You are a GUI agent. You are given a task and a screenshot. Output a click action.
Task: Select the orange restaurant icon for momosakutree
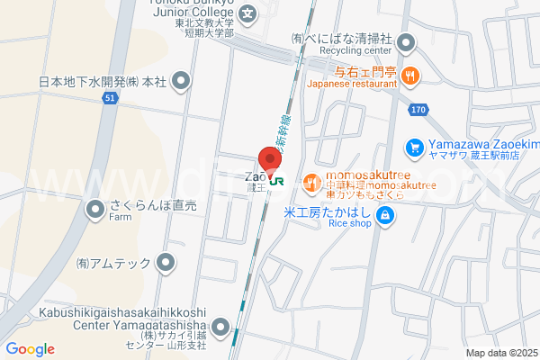coord(311,183)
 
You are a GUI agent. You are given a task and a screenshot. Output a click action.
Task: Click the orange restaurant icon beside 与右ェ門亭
coord(409,76)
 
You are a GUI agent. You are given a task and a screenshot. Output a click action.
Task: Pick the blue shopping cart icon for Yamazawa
coord(414,146)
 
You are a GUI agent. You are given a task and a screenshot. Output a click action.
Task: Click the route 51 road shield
coord(108,97)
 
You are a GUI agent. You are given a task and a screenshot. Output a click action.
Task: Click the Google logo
coord(30,349)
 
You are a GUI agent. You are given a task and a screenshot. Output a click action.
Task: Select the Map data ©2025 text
coord(500,353)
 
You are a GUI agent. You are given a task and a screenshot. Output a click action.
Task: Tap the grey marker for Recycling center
coord(406,41)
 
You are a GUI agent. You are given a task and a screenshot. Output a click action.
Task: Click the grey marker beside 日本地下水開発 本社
coord(182,82)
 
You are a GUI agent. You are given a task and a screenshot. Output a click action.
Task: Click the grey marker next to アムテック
coord(166,263)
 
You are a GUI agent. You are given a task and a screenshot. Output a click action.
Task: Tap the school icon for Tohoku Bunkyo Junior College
coord(249,13)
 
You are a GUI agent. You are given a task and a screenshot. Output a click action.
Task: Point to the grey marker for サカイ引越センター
coord(221,327)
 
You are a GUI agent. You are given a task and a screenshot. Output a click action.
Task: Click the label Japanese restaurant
coord(351,83)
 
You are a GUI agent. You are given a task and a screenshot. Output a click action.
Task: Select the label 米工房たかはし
coord(327,213)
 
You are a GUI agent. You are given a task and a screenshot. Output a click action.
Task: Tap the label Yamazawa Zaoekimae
coord(481,145)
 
